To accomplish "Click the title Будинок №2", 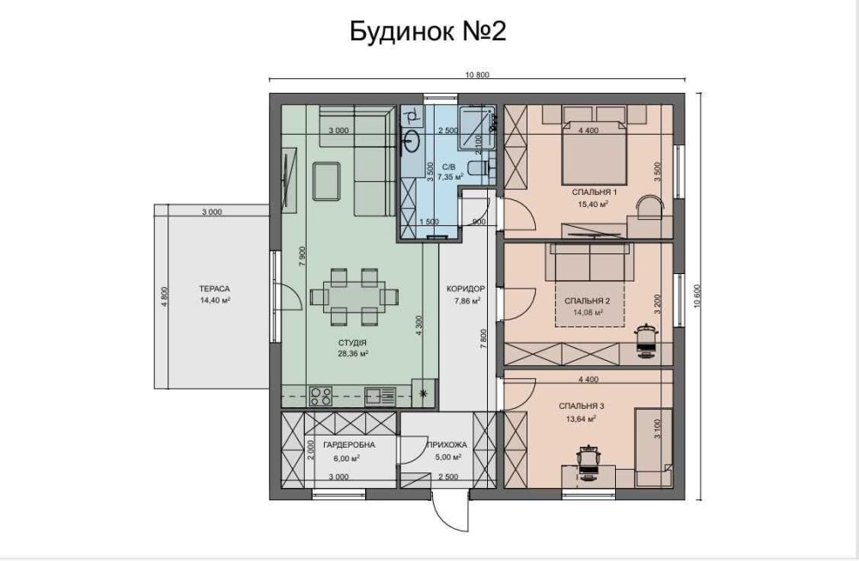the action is coord(428,32).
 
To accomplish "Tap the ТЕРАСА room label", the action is coord(214,289).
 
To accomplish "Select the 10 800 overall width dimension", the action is coord(477,75).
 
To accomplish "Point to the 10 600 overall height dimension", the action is coord(698,296).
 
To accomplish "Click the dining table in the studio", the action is coord(354,297).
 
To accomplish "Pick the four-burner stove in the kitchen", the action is coord(320,396).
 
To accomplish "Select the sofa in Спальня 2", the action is coord(591,262).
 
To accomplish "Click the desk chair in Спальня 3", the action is coord(589,462).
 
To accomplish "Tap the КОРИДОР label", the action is coord(466,289).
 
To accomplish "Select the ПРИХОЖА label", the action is coord(447,445).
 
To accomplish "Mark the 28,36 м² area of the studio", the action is coord(352,354).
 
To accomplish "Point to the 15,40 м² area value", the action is coord(594,204).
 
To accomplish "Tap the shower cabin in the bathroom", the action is coord(477,127).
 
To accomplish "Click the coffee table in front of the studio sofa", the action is coord(326,181).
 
